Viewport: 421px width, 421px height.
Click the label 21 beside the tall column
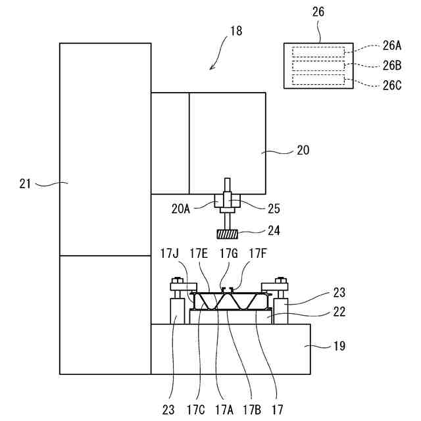click(x=26, y=184)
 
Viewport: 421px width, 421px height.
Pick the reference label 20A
click(x=182, y=209)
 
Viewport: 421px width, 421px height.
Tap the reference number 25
click(x=274, y=209)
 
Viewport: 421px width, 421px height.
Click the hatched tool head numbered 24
click(x=227, y=233)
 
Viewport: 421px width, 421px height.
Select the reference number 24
click(x=274, y=232)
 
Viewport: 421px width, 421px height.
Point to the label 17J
click(x=170, y=253)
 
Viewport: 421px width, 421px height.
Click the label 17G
click(x=230, y=253)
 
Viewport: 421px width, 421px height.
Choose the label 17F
click(x=259, y=253)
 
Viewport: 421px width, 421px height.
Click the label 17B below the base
click(x=251, y=409)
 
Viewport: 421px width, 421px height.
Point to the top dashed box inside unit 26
click(x=318, y=52)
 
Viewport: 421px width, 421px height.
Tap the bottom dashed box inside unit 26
click(x=318, y=79)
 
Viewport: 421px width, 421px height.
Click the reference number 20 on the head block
click(x=303, y=151)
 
